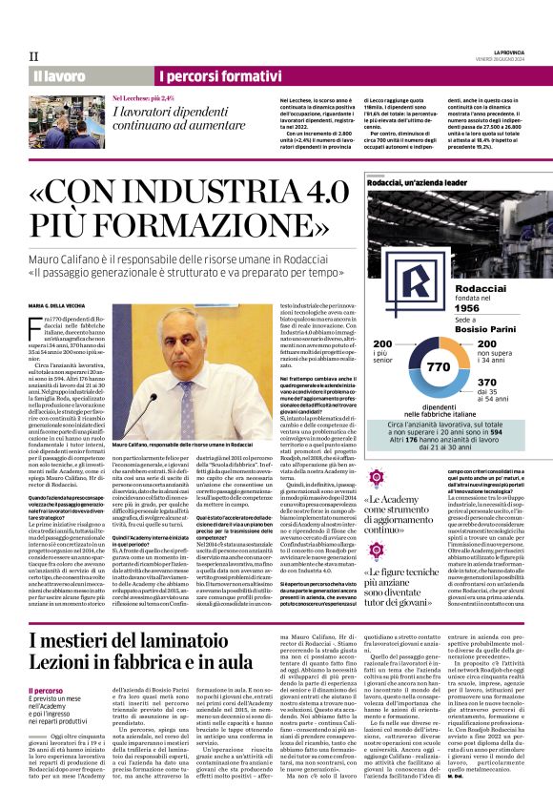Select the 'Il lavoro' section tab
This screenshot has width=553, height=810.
59,75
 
